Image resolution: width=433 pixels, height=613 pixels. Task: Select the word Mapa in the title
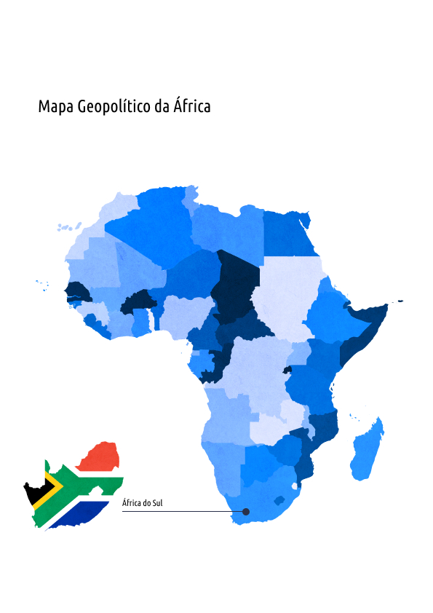(x=53, y=107)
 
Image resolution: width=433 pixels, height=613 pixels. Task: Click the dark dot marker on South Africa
(x=246, y=512)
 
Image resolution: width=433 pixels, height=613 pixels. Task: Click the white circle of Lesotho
(x=295, y=486)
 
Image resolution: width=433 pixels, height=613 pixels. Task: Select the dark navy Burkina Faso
(x=137, y=301)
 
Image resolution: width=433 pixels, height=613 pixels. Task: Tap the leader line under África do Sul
(x=182, y=512)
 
